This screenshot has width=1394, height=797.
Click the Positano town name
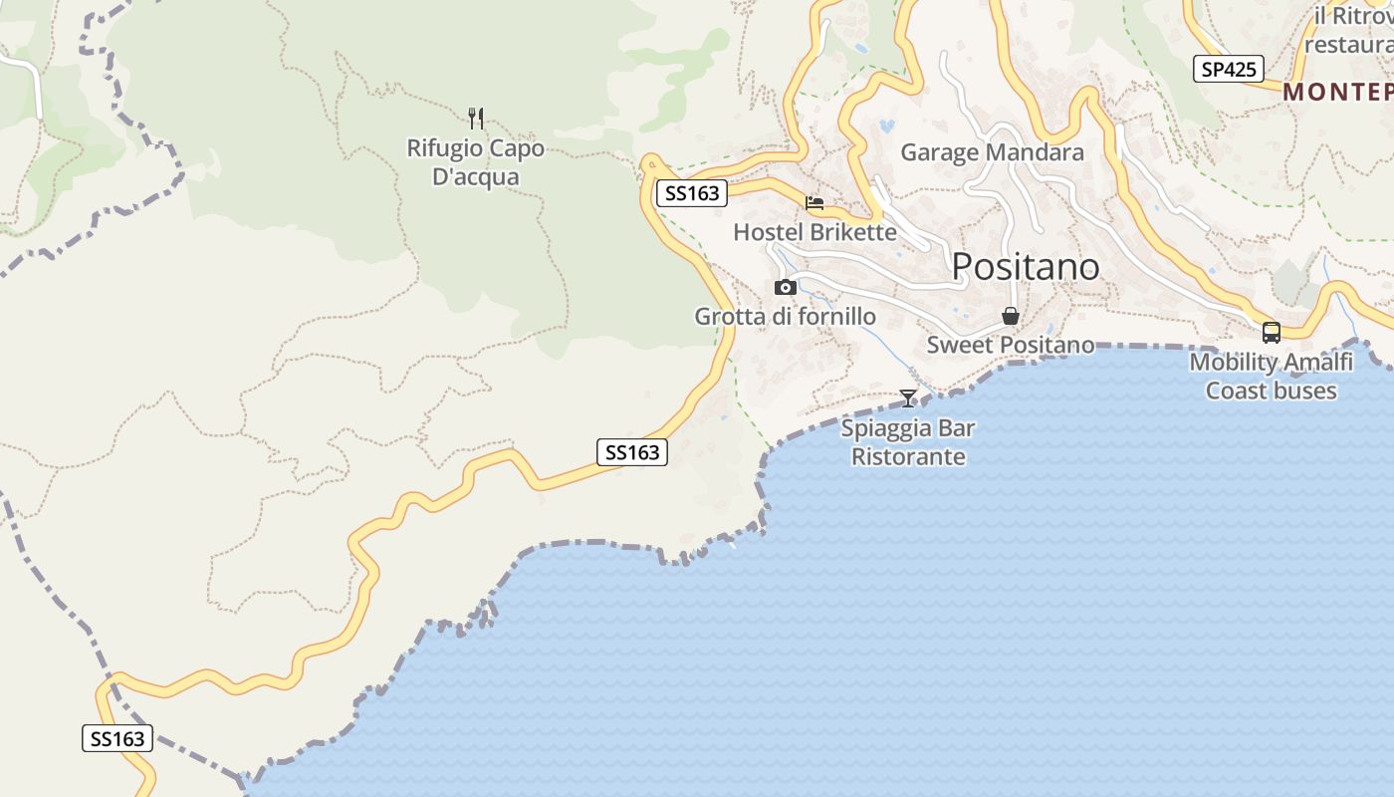click(x=1026, y=267)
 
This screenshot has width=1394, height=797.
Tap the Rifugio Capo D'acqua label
click(x=476, y=162)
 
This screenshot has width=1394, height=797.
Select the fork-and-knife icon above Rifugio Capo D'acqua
click(x=476, y=119)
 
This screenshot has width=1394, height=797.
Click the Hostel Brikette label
click(x=814, y=232)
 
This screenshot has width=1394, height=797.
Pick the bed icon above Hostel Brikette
click(x=814, y=203)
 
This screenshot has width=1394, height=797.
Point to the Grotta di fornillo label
click(x=785, y=317)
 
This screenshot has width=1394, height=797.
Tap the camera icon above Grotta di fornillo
click(x=786, y=287)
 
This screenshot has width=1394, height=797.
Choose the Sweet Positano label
click(x=1010, y=345)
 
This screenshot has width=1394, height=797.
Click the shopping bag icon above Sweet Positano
click(x=1011, y=317)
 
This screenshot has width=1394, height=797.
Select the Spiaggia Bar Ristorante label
click(x=908, y=442)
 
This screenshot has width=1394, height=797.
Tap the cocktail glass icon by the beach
click(x=908, y=398)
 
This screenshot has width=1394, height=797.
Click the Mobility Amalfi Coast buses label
click(x=1271, y=376)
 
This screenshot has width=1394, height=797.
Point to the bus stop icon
click(x=1271, y=333)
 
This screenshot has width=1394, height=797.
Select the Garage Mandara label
click(x=992, y=152)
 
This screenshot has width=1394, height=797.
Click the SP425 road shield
click(x=1229, y=69)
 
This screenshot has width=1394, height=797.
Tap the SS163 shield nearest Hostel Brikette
click(x=692, y=193)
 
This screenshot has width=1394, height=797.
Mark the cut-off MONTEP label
click(x=1338, y=92)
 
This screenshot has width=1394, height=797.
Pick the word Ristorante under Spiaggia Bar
click(x=908, y=457)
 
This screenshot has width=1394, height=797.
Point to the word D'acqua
click(x=476, y=177)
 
